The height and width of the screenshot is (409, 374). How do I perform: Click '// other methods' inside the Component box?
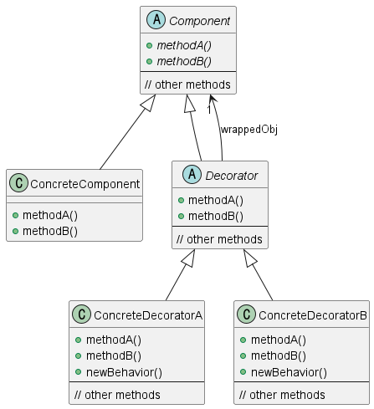[187, 84]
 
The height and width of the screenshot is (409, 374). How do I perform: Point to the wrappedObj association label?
[248, 130]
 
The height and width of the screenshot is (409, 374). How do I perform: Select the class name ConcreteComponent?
[85, 183]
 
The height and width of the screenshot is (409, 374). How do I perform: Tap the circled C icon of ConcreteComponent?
[19, 183]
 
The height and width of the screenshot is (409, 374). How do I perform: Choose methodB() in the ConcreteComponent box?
[49, 230]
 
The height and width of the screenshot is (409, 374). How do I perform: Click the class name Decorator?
[230, 176]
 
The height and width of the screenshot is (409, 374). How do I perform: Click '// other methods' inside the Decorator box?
[220, 239]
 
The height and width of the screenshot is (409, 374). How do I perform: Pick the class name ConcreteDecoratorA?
[149, 314]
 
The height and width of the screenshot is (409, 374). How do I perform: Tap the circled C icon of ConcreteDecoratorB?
[248, 314]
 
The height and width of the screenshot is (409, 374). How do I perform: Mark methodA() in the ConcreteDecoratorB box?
[279, 340]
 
